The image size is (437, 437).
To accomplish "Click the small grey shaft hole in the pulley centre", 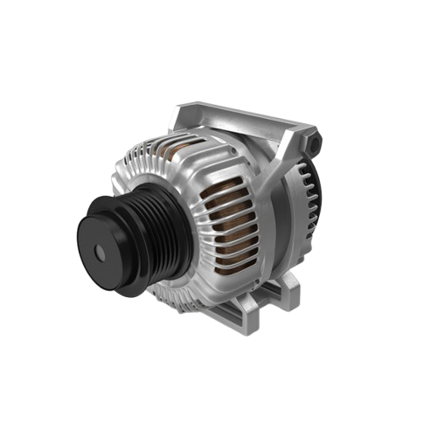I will (98, 253).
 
